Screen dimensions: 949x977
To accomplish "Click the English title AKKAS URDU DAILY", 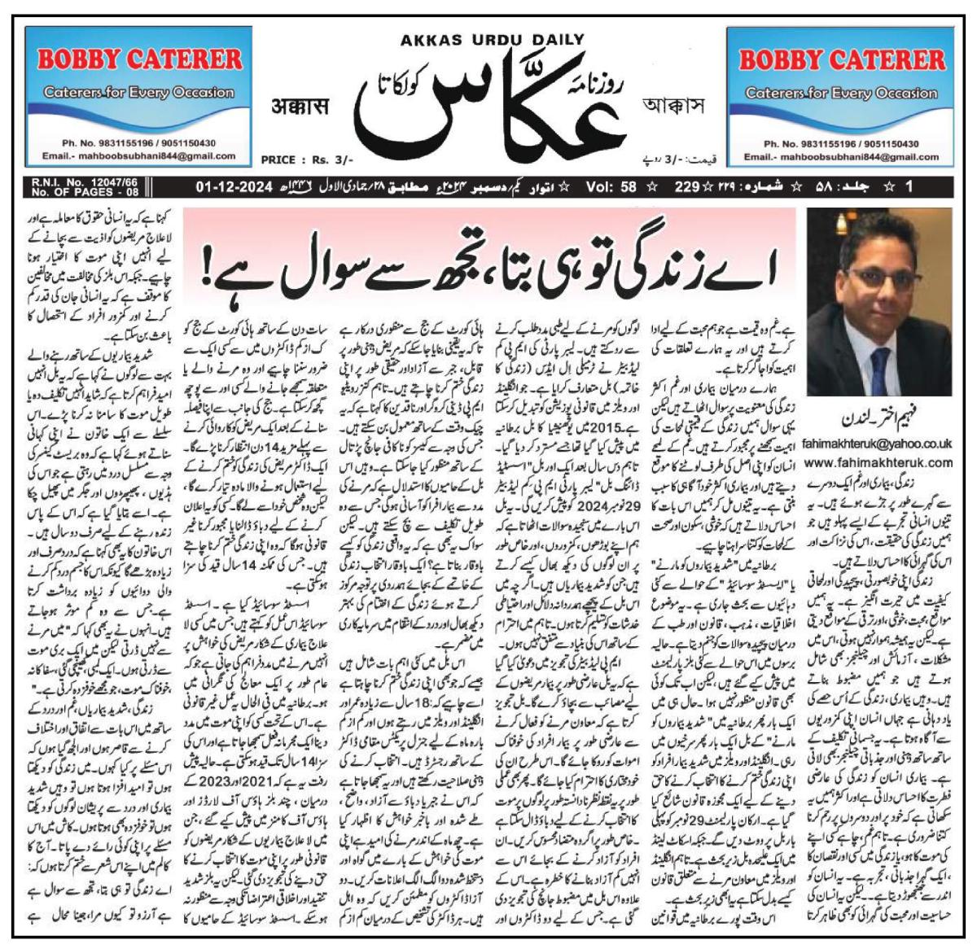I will (492, 39).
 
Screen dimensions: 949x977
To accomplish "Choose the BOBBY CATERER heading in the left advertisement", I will (140, 59).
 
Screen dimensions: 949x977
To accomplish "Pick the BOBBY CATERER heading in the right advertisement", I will (842, 59).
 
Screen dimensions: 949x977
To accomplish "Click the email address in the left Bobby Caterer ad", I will (140, 155).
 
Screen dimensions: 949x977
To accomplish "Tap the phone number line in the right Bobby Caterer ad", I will (842, 143).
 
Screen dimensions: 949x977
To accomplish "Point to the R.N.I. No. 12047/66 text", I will (85, 183).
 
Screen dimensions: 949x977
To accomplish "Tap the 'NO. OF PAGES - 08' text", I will (85, 193).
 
